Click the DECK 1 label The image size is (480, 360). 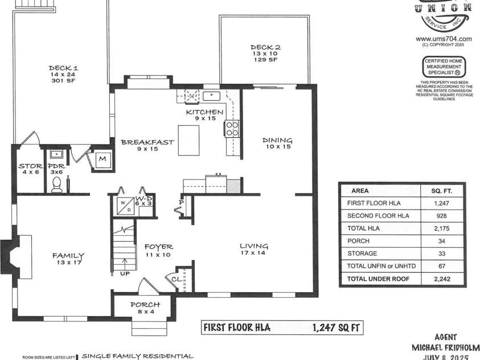pos(63,68)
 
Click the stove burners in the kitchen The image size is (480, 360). pos(232,128)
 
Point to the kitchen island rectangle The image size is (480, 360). pos(188,140)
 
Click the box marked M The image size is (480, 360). pos(102,159)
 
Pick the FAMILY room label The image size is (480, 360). pos(68,256)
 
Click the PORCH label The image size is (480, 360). pos(145,305)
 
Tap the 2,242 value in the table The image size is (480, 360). pos(437,279)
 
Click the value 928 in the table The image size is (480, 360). pos(437,216)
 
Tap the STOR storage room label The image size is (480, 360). pos(30,166)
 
